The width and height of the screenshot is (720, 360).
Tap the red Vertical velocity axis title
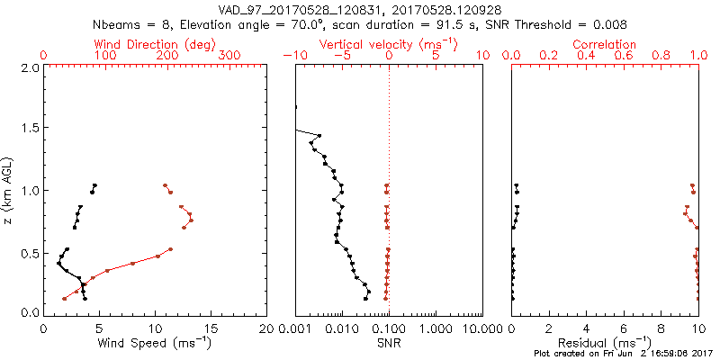pyautogui.click(x=389, y=44)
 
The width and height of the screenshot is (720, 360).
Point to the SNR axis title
pyautogui.click(x=389, y=342)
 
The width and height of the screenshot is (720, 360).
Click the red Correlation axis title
pyautogui.click(x=607, y=44)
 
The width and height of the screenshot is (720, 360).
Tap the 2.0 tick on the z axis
pyautogui.click(x=29, y=67)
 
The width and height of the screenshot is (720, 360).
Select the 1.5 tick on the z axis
pyautogui.click(x=29, y=129)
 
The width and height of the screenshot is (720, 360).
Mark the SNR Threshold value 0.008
pyautogui.click(x=592, y=24)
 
